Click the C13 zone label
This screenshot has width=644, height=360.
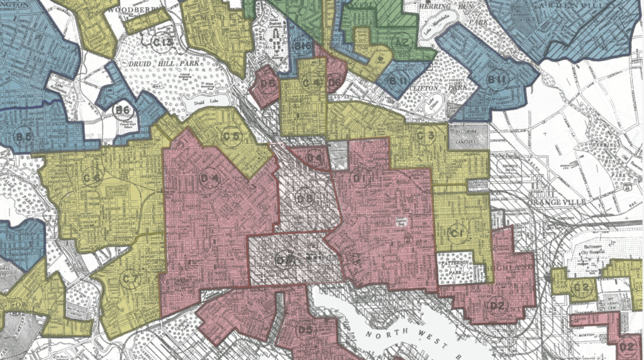tap(163, 43)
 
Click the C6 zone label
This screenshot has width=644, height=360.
tap(92, 179)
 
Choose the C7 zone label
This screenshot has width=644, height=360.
tap(131, 278)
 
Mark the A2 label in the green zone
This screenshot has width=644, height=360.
tap(399, 42)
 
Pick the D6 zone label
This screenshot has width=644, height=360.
tap(335, 81)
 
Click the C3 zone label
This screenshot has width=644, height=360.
tap(426, 135)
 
